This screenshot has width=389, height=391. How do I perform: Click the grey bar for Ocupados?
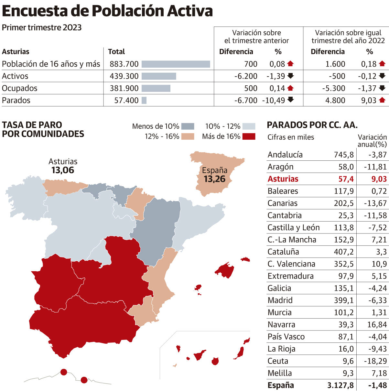pos(156,88)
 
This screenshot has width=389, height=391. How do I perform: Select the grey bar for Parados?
pos(144,101)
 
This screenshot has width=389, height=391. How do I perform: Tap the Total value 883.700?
pos(124,64)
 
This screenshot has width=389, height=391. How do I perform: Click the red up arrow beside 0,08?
pos(290,64)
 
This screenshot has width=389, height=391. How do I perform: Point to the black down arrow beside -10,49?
pos(291,100)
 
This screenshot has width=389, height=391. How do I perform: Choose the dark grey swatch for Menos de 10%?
pos(188,126)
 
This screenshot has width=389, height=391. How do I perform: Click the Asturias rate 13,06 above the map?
pos(63,170)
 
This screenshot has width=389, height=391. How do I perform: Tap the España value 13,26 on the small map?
pos(214,179)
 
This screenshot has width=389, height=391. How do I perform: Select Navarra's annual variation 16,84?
pos(377,324)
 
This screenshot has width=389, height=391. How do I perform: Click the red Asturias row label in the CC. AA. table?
pos(283,179)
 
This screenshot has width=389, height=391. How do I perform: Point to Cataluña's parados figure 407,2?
pos(344,252)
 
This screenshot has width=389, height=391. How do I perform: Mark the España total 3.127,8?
pos(340,385)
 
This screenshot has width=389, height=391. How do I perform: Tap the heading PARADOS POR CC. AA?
pos(312,125)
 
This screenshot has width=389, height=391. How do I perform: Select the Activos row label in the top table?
pos(15,76)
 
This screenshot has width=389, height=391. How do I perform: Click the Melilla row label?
pos(280,373)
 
